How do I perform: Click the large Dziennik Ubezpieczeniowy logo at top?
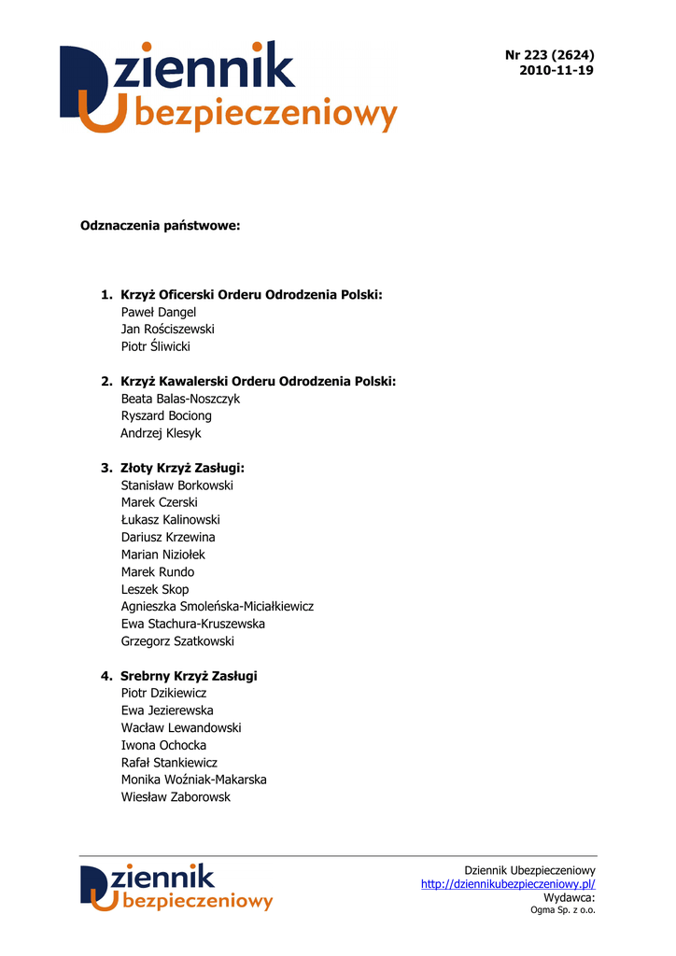click(229, 86)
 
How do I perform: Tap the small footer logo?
click(176, 888)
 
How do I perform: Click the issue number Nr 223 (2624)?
click(549, 54)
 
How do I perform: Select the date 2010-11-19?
click(556, 71)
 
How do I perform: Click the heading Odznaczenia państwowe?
click(161, 226)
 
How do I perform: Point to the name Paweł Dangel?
click(159, 312)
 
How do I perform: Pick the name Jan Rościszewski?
click(168, 330)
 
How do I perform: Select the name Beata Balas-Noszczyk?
click(180, 399)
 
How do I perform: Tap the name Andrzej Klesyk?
click(161, 433)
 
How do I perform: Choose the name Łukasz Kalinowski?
click(171, 520)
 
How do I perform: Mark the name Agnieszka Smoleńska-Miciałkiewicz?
click(218, 607)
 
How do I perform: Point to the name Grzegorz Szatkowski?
click(177, 641)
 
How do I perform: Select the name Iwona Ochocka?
click(164, 745)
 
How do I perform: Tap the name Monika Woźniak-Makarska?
click(194, 780)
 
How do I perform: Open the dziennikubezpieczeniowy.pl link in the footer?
click(508, 884)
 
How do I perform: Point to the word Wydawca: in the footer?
click(569, 897)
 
